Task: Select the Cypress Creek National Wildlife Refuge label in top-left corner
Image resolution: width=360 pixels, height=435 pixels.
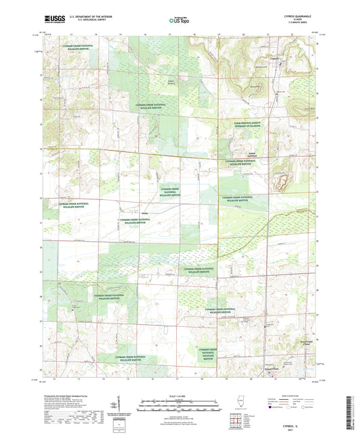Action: click(79, 48)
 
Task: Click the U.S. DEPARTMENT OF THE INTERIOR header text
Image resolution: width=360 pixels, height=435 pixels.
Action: click(83, 18)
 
